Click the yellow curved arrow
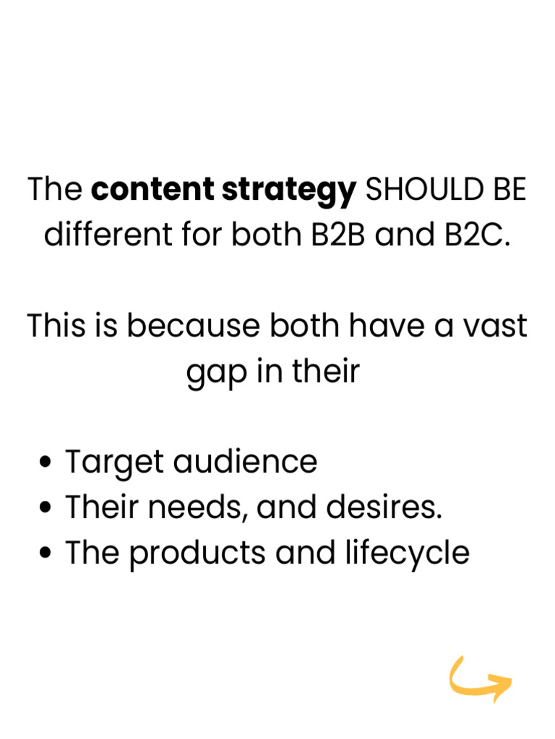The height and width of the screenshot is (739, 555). (480, 680)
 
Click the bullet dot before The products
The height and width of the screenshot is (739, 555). (48, 554)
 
